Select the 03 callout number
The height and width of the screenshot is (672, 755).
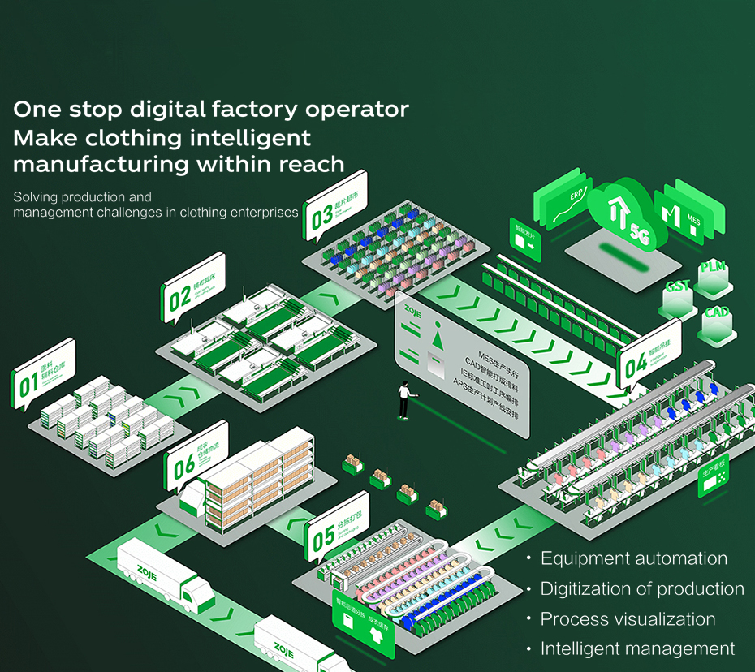click(x=321, y=215)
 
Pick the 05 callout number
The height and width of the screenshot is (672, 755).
click(x=323, y=536)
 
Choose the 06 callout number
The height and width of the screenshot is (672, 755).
click(x=184, y=465)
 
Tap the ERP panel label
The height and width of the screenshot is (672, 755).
click(x=577, y=196)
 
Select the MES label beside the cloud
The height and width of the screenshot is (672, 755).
click(x=692, y=218)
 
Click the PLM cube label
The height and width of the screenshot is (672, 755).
click(x=712, y=267)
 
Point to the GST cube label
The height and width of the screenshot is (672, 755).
click(x=677, y=286)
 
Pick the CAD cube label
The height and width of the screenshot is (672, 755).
click(x=717, y=312)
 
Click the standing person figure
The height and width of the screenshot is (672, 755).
click(x=403, y=399)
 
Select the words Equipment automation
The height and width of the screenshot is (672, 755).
click(x=633, y=558)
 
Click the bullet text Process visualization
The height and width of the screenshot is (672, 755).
click(x=628, y=619)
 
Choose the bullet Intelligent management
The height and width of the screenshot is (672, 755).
click(x=637, y=649)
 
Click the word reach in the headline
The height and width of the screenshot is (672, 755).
click(x=312, y=164)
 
